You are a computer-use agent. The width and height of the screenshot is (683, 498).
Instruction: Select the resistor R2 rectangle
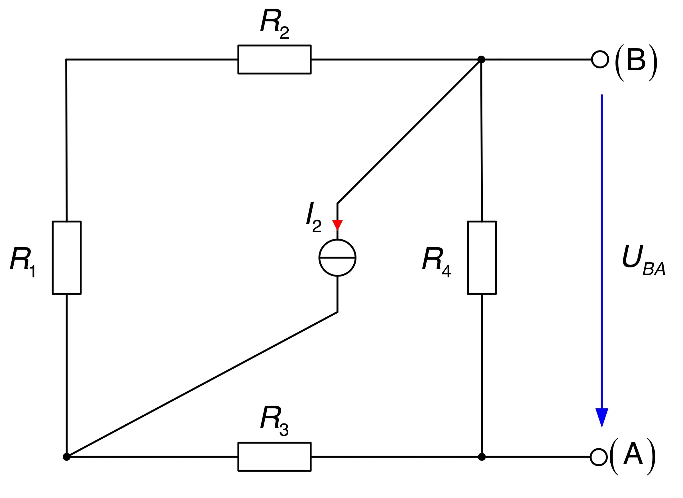[274, 45]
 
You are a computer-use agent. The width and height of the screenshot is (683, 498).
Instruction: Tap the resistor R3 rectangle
[274, 443]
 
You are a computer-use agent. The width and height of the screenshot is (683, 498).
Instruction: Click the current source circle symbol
[319, 258]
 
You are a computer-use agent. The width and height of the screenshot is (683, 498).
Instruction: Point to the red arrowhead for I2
[337, 225]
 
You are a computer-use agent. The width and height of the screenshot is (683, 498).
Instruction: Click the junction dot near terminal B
[481, 59]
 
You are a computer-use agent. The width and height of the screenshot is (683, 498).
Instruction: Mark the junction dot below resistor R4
[482, 457]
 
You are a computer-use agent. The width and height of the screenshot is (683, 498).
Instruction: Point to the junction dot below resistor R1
[67, 457]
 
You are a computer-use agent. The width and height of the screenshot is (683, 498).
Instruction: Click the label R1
[23, 262]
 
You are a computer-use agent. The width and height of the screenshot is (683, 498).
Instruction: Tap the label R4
[436, 262]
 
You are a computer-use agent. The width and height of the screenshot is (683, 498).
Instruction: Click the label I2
[314, 217]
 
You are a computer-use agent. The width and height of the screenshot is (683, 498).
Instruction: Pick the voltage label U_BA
[644, 260]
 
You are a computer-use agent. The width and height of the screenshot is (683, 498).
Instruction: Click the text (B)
[636, 62]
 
